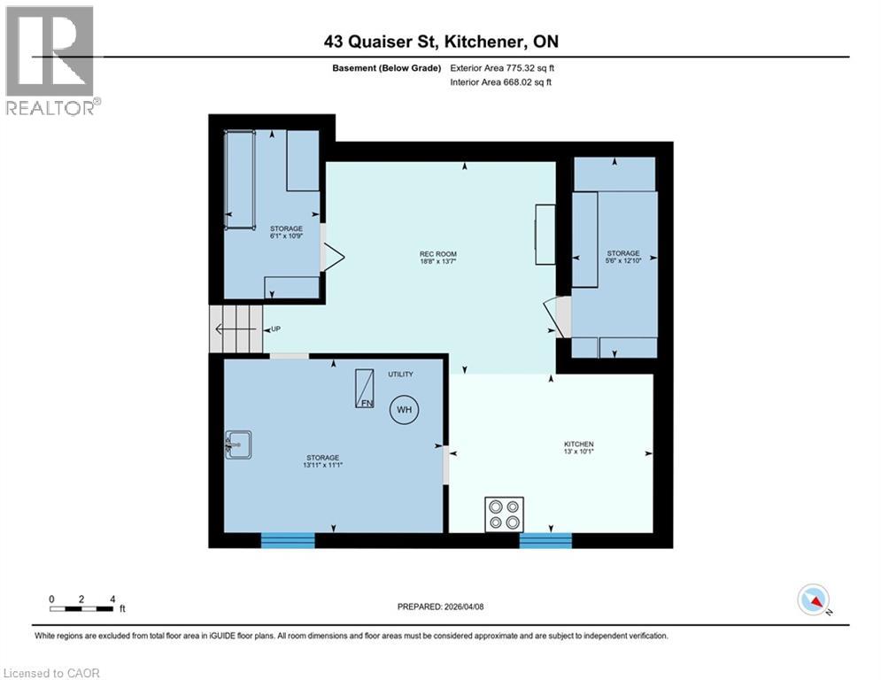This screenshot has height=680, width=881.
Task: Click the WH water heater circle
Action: point(404,409)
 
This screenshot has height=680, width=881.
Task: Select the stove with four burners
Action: point(504,514)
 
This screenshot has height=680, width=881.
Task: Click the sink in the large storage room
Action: point(237,444)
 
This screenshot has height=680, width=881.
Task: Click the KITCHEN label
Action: point(579,444)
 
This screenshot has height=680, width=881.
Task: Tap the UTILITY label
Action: point(400,375)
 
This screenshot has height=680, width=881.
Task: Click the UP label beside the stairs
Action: point(275,329)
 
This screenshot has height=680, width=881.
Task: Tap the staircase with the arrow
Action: point(236,329)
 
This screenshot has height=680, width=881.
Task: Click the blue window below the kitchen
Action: point(545,540)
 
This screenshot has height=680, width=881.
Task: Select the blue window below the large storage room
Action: point(288,540)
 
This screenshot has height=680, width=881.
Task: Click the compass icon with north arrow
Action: point(814,599)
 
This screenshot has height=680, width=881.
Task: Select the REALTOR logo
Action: point(50,60)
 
